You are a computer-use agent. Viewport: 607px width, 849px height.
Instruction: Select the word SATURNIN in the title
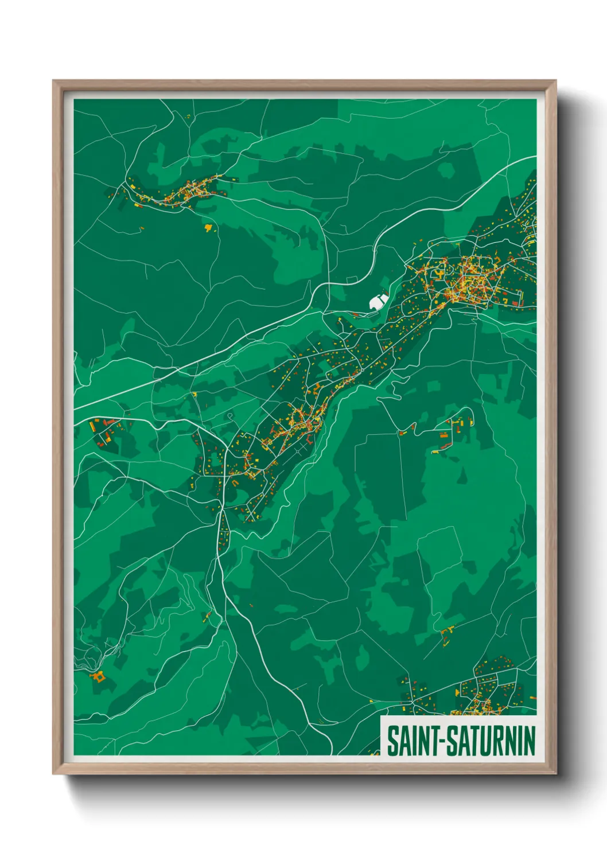[491, 741]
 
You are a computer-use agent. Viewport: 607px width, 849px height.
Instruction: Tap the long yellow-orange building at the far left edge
[92, 426]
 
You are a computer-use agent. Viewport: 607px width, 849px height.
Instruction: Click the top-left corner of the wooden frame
[53, 81]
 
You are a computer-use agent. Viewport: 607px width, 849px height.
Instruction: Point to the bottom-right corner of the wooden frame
[555, 773]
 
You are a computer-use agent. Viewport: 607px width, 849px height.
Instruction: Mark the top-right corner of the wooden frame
[555, 81]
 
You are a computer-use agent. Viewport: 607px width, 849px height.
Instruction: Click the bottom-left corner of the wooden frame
[53, 773]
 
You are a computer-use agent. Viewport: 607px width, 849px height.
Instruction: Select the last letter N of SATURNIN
[529, 741]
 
